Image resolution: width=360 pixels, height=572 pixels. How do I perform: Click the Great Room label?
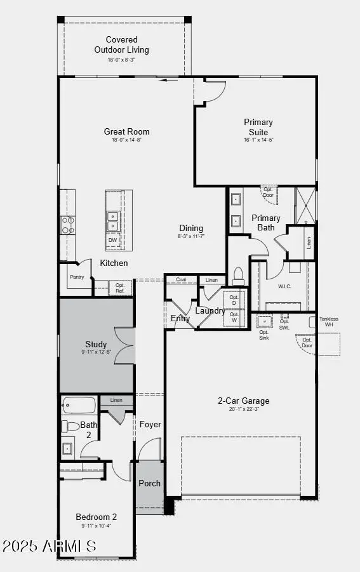click(127, 132)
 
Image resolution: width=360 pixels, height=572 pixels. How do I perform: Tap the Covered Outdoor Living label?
click(122, 44)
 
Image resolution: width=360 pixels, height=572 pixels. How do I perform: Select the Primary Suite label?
click(258, 127)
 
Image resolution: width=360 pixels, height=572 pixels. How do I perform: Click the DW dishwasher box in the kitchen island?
click(112, 240)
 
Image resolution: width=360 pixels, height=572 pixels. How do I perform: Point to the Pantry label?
click(77, 277)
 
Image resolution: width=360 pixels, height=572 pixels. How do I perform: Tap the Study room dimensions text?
click(97, 351)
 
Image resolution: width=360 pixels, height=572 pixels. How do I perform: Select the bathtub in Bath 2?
click(79, 404)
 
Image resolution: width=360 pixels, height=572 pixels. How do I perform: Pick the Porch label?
click(150, 483)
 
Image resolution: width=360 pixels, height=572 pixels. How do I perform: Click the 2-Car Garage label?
click(244, 401)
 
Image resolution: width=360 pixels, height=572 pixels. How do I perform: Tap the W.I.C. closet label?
click(284, 286)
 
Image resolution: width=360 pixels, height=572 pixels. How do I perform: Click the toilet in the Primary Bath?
click(238, 275)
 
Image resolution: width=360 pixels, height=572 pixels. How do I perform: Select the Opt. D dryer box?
click(234, 300)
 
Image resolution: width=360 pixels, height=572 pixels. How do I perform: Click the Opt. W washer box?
click(234, 317)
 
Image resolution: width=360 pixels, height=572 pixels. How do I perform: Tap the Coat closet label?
click(181, 280)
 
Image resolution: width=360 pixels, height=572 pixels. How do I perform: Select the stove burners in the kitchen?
click(67, 225)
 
